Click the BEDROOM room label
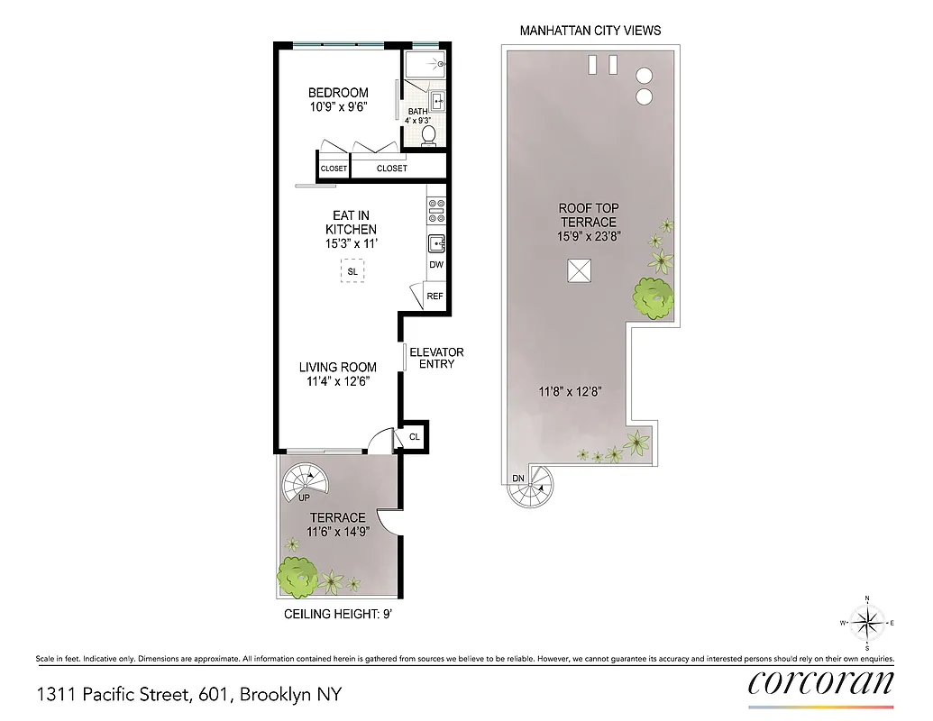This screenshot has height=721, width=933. (x=338, y=93)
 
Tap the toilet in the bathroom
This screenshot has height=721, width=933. (x=429, y=134)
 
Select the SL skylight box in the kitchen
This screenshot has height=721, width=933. (x=352, y=270)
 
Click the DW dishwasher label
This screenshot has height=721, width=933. (x=436, y=265)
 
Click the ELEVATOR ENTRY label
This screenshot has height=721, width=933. (x=436, y=358)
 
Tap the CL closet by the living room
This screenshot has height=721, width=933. (x=415, y=436)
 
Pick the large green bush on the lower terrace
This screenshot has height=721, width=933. (x=296, y=577)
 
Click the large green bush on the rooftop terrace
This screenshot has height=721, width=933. (x=654, y=297)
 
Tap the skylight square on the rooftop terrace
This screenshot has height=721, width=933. (x=579, y=269)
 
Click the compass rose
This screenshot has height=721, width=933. (x=867, y=623)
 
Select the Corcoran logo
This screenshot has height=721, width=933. (x=821, y=682)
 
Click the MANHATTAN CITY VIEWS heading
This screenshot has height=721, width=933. (x=590, y=31)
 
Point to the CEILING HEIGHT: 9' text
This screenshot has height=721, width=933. (x=338, y=616)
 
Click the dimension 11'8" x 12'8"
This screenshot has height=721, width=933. (x=570, y=391)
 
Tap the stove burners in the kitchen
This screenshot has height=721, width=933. (x=435, y=211)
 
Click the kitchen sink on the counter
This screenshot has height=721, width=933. (x=435, y=242)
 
